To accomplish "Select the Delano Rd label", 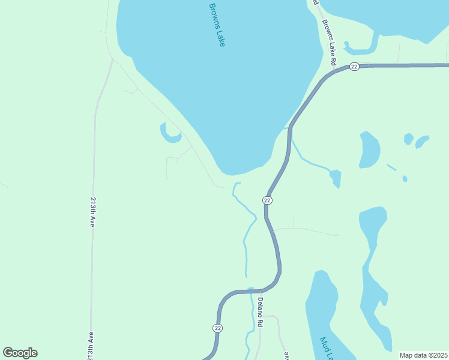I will (x=261, y=312).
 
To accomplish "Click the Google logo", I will (x=20, y=353).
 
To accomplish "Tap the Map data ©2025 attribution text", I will (x=423, y=355).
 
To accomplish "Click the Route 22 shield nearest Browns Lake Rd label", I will (x=354, y=67).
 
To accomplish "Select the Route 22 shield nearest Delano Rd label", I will (x=217, y=328).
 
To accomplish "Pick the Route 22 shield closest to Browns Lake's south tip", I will (x=268, y=200).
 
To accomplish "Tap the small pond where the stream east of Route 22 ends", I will (x=336, y=178).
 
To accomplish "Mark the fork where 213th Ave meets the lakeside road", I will (x=112, y=60).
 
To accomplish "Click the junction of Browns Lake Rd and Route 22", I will (x=334, y=71).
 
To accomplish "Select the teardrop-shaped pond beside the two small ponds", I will (x=369, y=149).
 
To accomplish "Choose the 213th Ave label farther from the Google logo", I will (x=93, y=211).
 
